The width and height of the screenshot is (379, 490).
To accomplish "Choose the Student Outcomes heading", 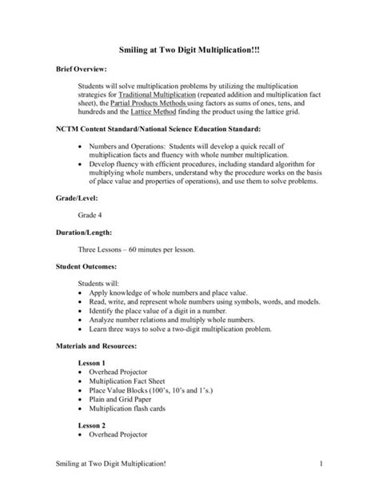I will [x=86, y=268].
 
